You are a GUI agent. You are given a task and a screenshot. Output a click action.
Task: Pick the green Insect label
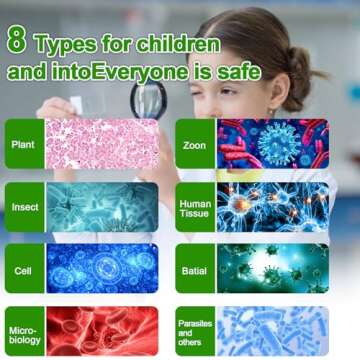click(25, 207)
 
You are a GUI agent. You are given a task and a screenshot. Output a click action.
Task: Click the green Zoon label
click(195, 144)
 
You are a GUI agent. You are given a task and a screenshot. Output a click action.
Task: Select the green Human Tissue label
click(195, 207)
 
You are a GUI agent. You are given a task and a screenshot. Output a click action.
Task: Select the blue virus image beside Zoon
click(271, 143)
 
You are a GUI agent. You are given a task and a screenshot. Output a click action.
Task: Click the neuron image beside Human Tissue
click(271, 206)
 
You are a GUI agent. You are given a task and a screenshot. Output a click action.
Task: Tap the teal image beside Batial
click(271, 268)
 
